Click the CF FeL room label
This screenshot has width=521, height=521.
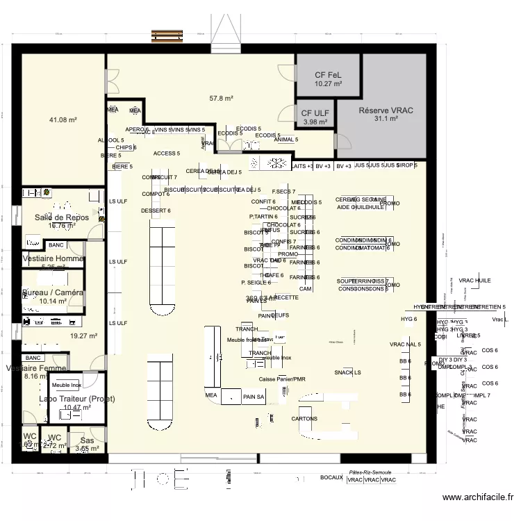(x=329, y=75)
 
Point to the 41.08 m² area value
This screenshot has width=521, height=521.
(x=63, y=120)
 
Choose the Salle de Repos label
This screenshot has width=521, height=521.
(x=62, y=217)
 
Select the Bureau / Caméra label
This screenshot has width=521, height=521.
(x=53, y=292)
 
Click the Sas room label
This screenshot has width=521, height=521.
(x=87, y=440)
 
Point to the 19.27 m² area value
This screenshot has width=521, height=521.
(x=83, y=336)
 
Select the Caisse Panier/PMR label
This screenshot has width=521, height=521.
(x=281, y=379)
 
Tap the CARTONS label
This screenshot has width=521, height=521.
(x=304, y=419)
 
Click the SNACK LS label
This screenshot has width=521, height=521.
(x=347, y=372)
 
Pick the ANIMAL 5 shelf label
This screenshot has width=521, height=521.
(x=286, y=140)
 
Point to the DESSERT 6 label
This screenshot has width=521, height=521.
(x=156, y=210)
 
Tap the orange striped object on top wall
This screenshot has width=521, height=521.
(x=173, y=34)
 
